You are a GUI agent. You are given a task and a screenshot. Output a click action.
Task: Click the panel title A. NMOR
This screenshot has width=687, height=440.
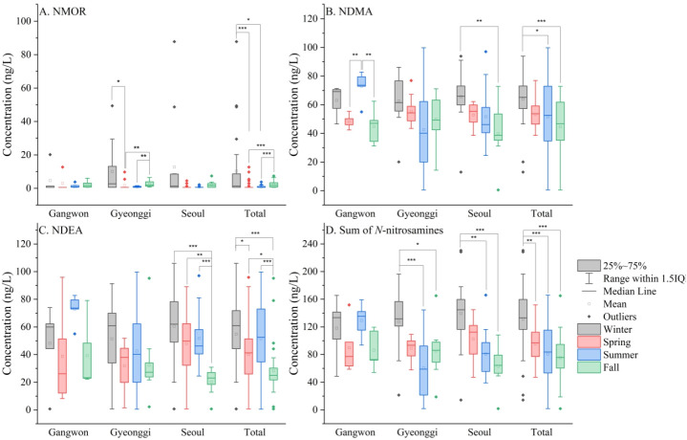[x=66, y=12]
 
